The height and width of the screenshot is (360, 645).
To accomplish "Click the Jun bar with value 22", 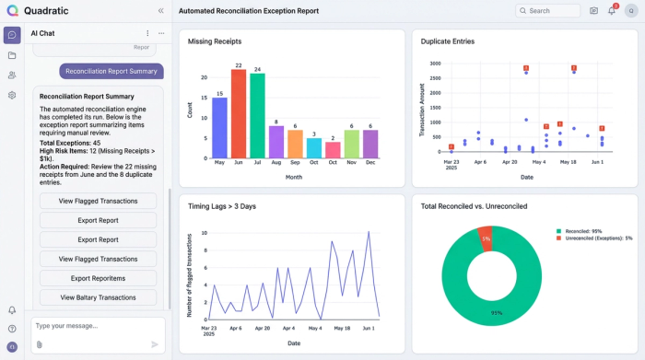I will point(239,115).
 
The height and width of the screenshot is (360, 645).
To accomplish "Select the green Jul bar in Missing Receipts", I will point(257,117).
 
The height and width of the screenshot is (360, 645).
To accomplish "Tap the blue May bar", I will point(219,128).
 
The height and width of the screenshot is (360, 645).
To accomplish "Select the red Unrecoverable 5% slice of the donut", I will point(487,238).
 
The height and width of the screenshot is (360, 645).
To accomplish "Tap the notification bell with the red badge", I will point(612,11).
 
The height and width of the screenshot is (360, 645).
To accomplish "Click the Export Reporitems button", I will point(98,278).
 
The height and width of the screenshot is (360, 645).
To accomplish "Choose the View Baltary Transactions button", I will point(98,297).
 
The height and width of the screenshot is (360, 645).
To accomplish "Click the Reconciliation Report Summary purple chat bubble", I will point(111,71).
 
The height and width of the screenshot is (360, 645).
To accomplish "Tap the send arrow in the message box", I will point(155,343).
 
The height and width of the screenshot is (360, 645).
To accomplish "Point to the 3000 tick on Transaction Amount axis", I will point(435,64).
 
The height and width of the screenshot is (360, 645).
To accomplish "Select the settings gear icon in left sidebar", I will point(12,95).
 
